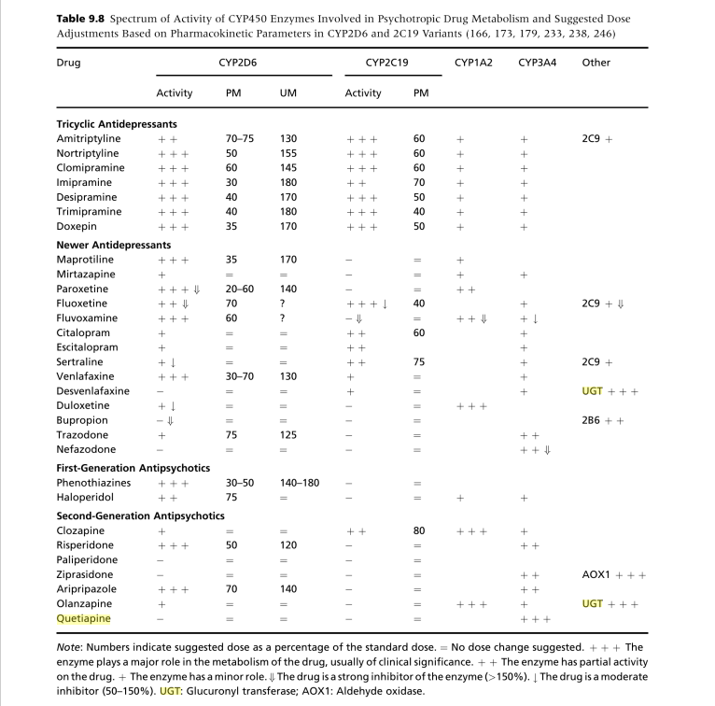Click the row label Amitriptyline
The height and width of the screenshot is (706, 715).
89,138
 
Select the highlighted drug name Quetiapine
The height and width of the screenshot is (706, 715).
83,618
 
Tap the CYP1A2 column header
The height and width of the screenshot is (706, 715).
473,63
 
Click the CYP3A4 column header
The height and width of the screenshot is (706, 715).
537,63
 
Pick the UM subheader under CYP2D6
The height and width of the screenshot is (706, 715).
288,93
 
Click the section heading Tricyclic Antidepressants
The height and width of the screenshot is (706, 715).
117,123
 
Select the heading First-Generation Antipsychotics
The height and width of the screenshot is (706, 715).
133,467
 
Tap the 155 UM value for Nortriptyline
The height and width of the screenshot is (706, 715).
288,153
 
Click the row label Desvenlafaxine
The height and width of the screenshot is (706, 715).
92,390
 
